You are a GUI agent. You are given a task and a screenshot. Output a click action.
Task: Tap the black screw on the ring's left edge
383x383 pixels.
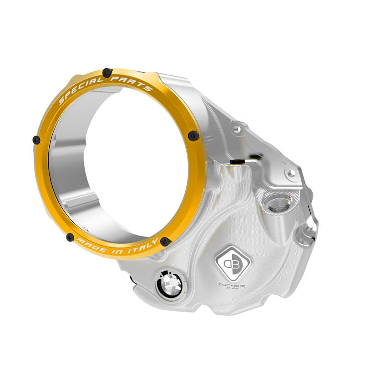point(36,139)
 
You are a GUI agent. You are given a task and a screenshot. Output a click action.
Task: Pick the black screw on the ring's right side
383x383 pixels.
point(193,136)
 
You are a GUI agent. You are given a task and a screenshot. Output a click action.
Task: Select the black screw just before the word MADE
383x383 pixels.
point(70,237)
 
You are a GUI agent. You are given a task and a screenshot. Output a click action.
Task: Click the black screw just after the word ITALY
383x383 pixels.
point(165,241)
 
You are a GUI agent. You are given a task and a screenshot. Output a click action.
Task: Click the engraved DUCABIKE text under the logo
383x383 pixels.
point(232,285)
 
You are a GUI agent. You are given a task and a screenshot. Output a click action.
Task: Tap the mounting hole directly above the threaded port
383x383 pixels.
point(289,172)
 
